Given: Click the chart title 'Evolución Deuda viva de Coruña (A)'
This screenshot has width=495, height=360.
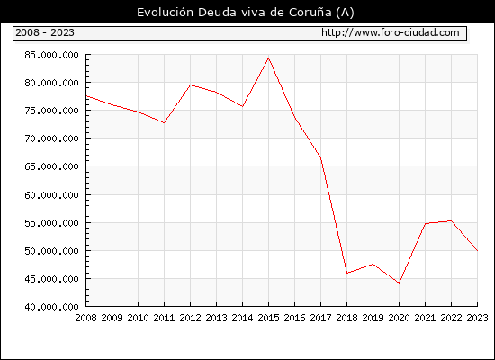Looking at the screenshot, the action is point(246,13).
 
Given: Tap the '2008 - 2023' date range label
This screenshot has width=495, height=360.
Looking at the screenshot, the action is point(45,32).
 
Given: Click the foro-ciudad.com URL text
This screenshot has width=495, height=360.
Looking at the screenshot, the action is point(391,32).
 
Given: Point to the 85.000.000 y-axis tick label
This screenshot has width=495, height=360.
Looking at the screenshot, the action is point(51,55).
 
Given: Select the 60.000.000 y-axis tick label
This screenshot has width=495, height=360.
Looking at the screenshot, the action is point(51,195).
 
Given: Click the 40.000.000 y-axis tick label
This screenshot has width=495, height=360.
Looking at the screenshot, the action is point(51,307).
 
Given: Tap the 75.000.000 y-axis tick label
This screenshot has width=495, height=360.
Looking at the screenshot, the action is point(51,111).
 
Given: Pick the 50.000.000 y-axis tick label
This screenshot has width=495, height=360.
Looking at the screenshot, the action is point(51,251).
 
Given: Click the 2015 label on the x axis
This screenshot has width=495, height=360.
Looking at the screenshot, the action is point(268,318).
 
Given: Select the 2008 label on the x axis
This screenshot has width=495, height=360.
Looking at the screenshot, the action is point(85,318).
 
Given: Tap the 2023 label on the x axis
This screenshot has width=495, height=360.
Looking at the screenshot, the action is point(477,318).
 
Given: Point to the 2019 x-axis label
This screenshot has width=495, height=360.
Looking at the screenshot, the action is point(373,318).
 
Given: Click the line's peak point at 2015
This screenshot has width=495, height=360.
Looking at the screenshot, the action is point(269,58).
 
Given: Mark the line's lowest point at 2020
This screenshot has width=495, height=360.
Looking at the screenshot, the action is point(399,283).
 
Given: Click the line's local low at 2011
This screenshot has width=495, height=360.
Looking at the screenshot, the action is point(164,122).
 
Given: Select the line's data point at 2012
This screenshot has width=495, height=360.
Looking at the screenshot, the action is point(191,85).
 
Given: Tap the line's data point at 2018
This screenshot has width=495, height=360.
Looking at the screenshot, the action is point(346,274).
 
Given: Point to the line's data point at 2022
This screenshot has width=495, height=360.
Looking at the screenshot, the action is point(452,220).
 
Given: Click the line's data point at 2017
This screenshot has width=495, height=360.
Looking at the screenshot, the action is point(320,157).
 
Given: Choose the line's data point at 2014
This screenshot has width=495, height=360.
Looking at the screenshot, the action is point(242,107).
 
